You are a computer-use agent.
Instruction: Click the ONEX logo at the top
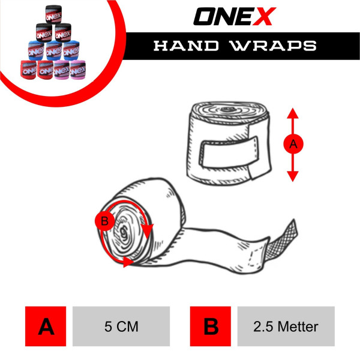click(235, 16)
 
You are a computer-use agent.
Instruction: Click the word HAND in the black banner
click(186, 46)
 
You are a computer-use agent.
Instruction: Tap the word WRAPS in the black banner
click(274, 46)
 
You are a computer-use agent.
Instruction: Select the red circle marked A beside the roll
click(293, 144)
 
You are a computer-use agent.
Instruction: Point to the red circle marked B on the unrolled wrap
click(104, 221)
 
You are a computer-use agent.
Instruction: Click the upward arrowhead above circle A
click(293, 113)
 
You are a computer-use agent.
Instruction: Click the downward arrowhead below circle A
click(293, 176)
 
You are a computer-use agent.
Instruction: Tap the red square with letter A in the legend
click(46, 326)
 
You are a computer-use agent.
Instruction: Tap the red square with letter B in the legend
click(211, 326)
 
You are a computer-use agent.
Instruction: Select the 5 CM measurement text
click(121, 326)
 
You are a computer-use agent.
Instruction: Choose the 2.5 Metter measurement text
click(286, 326)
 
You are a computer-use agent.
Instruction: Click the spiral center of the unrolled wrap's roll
click(124, 232)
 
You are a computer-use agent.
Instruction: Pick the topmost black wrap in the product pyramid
click(53, 14)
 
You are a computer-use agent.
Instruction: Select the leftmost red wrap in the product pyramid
click(28, 70)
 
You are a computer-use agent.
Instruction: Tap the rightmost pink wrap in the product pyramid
click(78, 70)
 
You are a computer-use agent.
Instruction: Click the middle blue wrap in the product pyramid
click(54, 51)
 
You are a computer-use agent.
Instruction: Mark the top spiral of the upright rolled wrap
click(228, 112)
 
